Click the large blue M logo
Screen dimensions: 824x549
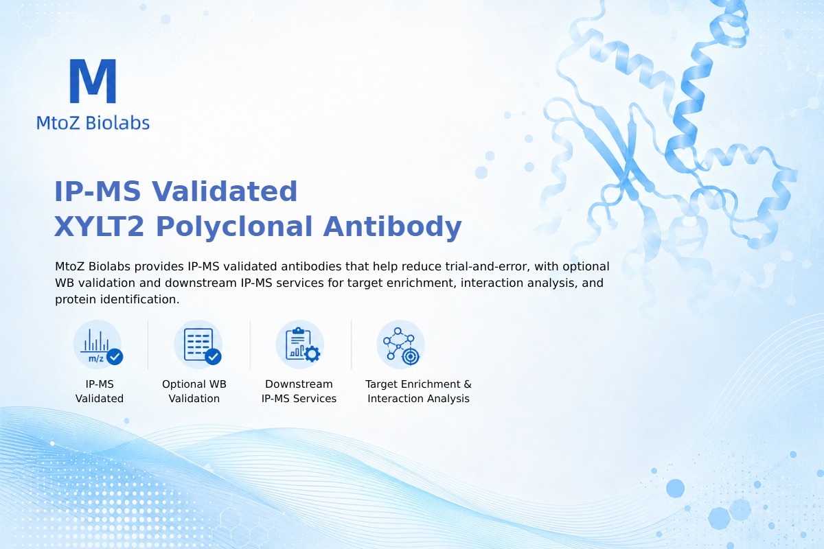pyautogui.click(x=93, y=81)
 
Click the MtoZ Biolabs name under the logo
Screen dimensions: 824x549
pyautogui.click(x=93, y=123)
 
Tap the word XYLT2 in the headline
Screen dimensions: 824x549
pyautogui.click(x=99, y=226)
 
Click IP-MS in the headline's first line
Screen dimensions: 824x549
pyautogui.click(x=98, y=191)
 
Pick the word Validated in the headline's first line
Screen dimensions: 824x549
pyautogui.click(x=225, y=191)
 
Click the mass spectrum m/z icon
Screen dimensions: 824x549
pyautogui.click(x=98, y=344)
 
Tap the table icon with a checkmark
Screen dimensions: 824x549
pyautogui.click(x=198, y=344)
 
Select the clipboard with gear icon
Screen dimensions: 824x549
pyautogui.click(x=300, y=344)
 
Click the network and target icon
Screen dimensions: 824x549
pyautogui.click(x=400, y=344)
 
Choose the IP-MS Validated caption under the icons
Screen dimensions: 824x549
pyautogui.click(x=100, y=391)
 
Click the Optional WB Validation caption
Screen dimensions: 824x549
pyautogui.click(x=194, y=391)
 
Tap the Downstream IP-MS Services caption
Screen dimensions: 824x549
pyautogui.click(x=299, y=391)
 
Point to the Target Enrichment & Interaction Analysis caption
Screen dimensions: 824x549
pyautogui.click(x=419, y=391)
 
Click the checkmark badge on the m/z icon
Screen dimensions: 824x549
pyautogui.click(x=115, y=357)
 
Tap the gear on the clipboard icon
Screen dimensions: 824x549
pyautogui.click(x=312, y=354)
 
